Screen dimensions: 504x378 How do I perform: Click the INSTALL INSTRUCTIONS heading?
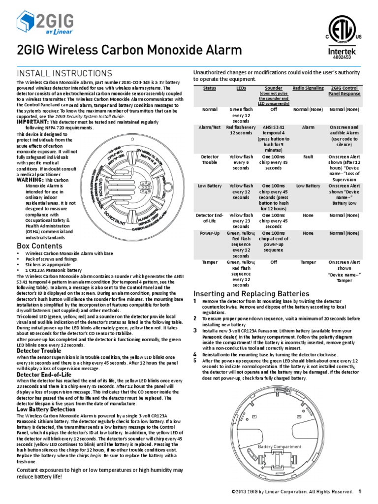click(64, 73)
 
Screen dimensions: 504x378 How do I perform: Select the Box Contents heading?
click(39, 246)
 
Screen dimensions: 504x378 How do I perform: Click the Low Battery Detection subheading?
click(46, 409)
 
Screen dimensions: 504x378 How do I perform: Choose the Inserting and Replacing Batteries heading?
click(251, 294)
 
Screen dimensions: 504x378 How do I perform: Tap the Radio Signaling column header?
click(308, 88)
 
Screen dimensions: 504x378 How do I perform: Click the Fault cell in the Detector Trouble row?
click(308, 157)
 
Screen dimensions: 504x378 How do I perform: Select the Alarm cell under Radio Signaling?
click(308, 127)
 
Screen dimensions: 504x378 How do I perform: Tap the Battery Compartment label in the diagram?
click(280, 446)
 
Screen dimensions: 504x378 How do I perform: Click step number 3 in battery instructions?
click(195, 330)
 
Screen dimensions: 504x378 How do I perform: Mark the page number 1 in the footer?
click(360, 491)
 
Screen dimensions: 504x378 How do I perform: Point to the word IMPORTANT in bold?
click(33, 122)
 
